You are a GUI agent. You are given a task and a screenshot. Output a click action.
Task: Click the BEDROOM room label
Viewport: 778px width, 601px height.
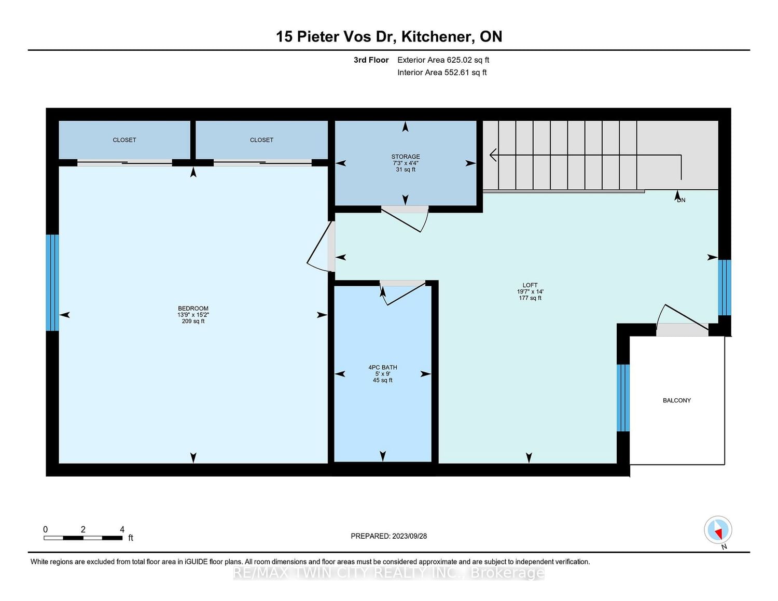pos(193,308)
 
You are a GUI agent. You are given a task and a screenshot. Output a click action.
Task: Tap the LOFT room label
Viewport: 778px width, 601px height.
pos(530,285)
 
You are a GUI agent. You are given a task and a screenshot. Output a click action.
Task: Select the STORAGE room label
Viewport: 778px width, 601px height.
pos(406,157)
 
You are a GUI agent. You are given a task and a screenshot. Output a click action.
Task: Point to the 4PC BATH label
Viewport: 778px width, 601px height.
pos(383,367)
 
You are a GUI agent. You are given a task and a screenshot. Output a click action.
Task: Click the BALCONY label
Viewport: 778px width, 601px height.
pos(677,400)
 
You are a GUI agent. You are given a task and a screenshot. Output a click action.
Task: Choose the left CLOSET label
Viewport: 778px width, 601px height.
pos(124,140)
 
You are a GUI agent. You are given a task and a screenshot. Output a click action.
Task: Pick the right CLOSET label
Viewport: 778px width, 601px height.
pos(261,140)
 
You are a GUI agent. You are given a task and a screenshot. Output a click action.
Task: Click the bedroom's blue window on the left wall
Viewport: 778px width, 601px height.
pos(52,283)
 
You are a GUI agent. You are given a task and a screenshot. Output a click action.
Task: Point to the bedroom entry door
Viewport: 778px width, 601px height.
pos(319,247)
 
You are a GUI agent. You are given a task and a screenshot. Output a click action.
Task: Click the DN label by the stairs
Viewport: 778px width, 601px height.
pos(681,200)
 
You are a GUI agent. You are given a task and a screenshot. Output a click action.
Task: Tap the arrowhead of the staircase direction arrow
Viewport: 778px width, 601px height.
pos(492,155)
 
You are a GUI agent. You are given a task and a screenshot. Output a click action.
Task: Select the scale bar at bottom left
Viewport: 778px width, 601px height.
pos(83,538)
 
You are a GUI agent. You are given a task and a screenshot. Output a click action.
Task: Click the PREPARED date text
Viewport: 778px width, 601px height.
pos(389,536)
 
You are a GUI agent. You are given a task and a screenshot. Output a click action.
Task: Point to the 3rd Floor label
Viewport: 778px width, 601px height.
pos(371,60)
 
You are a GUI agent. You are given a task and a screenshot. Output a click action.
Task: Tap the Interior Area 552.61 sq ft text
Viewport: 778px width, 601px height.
pos(442,72)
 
